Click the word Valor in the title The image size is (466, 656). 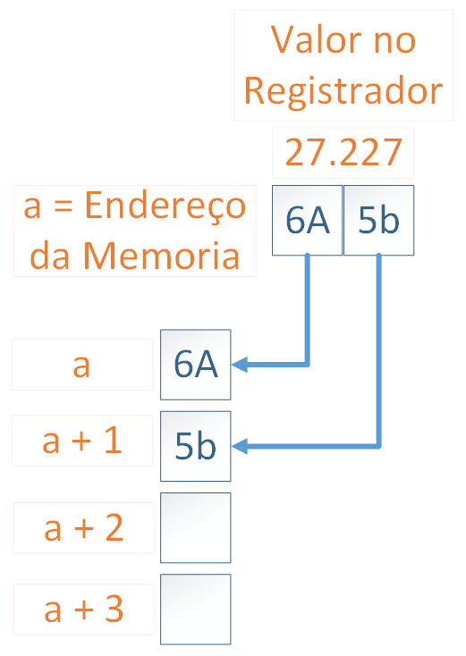(317, 39)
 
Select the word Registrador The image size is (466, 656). (343, 91)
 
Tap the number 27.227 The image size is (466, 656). (343, 152)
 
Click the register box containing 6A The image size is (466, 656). (308, 221)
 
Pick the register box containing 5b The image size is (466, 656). (379, 221)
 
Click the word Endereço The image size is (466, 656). (165, 206)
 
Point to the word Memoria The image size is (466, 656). (161, 255)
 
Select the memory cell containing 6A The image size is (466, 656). (196, 365)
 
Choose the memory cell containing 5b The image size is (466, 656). (196, 446)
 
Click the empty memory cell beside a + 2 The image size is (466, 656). (196, 527)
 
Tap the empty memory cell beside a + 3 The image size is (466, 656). (196, 610)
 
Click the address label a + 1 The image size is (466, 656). (82, 441)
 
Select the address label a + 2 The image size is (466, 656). (84, 528)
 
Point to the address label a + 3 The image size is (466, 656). (84, 610)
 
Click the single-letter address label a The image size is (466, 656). (81, 366)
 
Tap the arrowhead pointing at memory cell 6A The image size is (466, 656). (240, 365)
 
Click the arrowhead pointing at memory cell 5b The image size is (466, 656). (240, 446)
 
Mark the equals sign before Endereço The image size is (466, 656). (64, 206)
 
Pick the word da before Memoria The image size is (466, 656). (49, 255)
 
